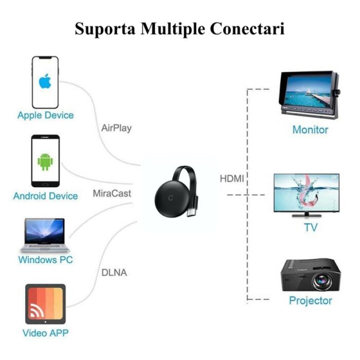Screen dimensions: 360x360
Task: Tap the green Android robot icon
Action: [x=45, y=161]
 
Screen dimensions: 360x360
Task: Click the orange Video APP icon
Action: [x=45, y=304]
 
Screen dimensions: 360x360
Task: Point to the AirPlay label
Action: [x=116, y=128]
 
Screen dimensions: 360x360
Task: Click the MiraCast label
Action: [x=112, y=194]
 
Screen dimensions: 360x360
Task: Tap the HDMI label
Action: [x=232, y=179]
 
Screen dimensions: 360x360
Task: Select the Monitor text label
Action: [x=310, y=130]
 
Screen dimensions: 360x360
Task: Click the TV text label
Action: [x=311, y=227]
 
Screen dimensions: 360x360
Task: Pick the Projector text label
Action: [x=310, y=300]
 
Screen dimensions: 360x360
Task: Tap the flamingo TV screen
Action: [x=306, y=191]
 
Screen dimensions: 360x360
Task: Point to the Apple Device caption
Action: [x=45, y=115]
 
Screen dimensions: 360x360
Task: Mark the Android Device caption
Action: [x=45, y=196]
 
